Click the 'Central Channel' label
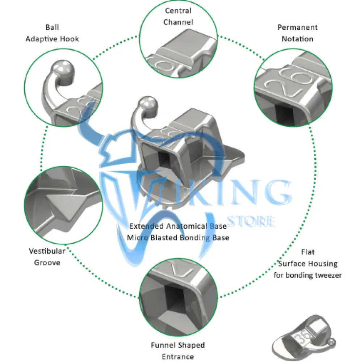point(178,16)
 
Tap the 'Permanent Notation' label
point(297,33)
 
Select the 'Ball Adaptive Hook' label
point(52,33)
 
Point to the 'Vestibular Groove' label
point(47,257)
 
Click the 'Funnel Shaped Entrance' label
point(178,351)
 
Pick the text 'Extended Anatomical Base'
point(178,226)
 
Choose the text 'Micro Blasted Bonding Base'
point(178,238)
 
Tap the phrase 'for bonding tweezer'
point(307,275)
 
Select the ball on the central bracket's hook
point(148,104)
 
